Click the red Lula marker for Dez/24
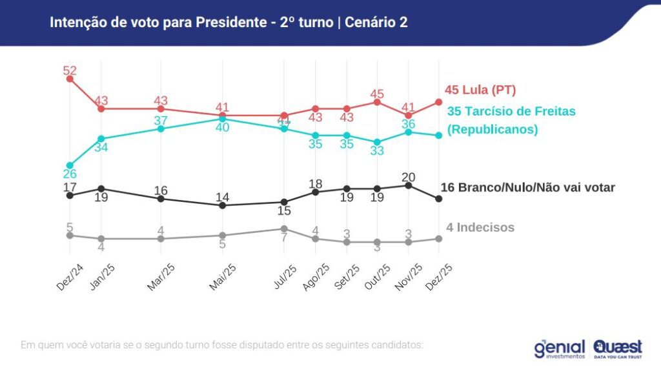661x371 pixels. pyautogui.click(x=70, y=79)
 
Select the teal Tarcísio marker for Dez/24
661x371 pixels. pyautogui.click(x=70, y=165)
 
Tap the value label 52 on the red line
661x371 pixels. pyautogui.click(x=70, y=70)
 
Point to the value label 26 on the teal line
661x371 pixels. pyautogui.click(x=70, y=174)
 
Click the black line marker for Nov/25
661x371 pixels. pyautogui.click(x=407, y=185)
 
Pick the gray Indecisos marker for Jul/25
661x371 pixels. pyautogui.click(x=283, y=228)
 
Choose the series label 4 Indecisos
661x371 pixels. pyautogui.click(x=480, y=227)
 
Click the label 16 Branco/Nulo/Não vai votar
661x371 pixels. pyautogui.click(x=527, y=188)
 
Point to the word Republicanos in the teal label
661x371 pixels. pyautogui.click(x=493, y=129)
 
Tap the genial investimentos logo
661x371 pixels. pyautogui.click(x=559, y=348)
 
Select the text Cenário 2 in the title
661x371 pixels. pyautogui.click(x=376, y=23)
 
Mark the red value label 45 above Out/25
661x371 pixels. pyautogui.click(x=378, y=94)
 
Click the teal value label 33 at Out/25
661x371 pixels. pyautogui.click(x=378, y=151)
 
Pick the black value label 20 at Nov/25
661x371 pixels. pyautogui.click(x=407, y=177)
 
